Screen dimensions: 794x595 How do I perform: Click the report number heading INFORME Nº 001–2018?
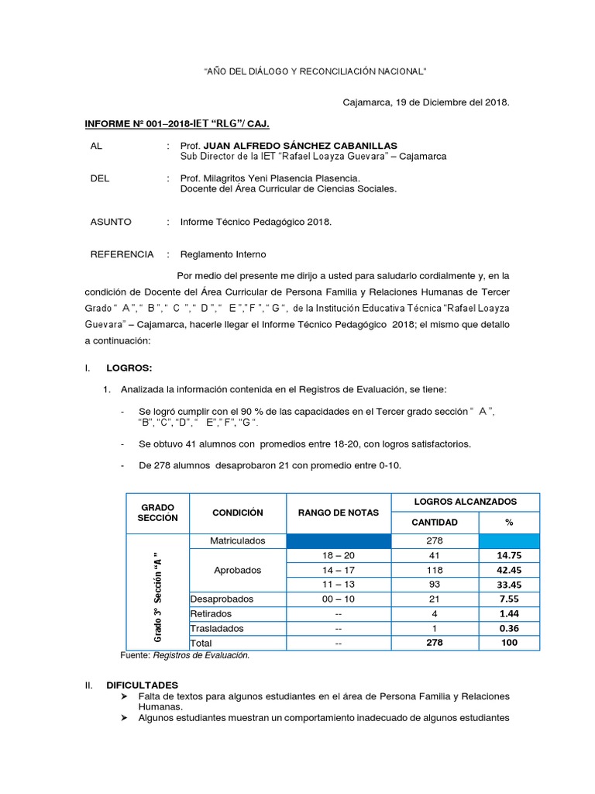[177, 123]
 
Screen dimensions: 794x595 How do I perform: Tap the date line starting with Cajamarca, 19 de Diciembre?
[426, 102]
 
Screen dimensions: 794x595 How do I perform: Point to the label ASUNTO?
[111, 222]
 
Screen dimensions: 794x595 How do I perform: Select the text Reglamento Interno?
[223, 254]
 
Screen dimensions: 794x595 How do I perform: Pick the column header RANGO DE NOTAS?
[339, 513]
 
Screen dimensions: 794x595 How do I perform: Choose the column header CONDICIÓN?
[237, 513]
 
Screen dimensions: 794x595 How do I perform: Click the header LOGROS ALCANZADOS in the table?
[466, 502]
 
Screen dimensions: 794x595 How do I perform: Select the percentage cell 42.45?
[509, 570]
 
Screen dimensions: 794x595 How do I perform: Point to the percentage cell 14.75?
[509, 555]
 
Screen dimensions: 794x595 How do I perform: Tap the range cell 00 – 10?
[339, 599]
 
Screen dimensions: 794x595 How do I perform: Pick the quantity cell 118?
[434, 570]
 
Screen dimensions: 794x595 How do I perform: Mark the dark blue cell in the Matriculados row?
[339, 540]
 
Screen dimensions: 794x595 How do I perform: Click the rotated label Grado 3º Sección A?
[157, 595]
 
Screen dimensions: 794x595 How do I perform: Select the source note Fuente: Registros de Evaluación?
[186, 656]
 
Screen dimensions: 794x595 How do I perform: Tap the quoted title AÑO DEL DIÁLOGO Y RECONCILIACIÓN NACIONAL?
[315, 72]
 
